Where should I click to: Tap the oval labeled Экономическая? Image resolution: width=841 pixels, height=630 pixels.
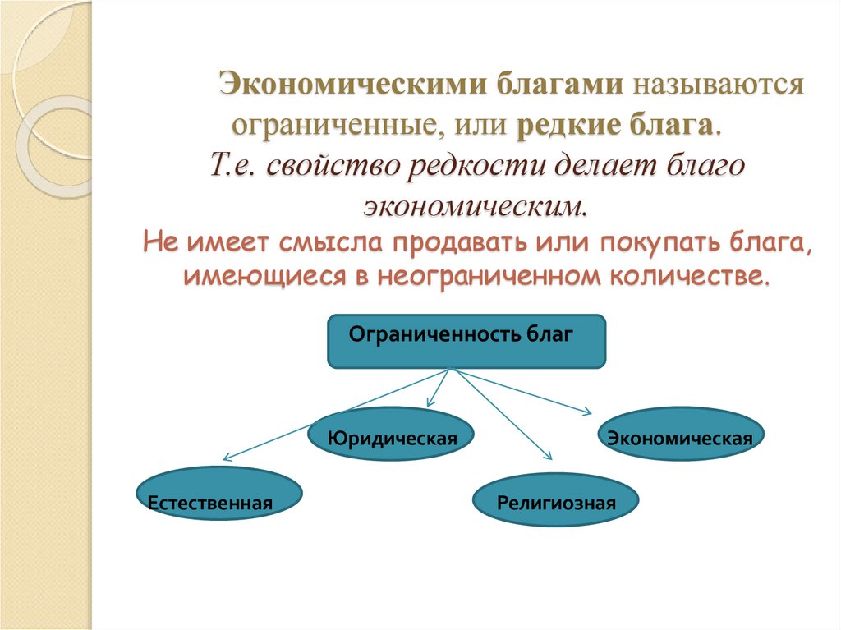pos(680,438)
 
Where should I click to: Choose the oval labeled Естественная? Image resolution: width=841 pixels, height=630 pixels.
pos(210,496)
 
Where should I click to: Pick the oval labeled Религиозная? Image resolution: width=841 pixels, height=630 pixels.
pos(556,500)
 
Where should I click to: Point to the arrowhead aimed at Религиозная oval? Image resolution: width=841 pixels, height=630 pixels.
pos(546,457)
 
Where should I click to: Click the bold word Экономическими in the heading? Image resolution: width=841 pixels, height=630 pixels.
pos(334,85)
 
